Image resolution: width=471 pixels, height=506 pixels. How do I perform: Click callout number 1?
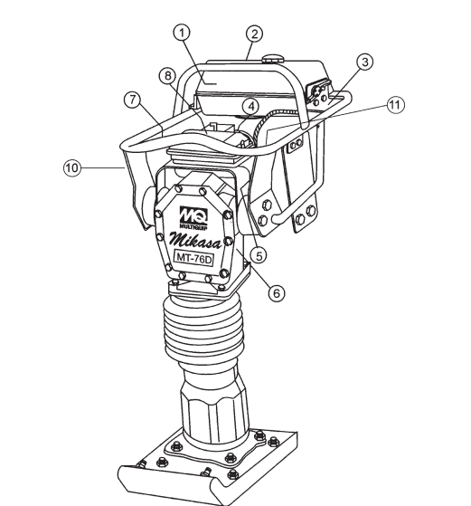click(182, 33)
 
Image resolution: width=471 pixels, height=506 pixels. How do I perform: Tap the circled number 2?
click(254, 33)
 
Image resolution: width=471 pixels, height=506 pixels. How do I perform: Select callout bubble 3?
click(365, 62)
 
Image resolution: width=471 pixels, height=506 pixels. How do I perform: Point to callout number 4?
click(250, 107)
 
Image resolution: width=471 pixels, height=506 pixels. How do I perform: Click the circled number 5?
click(259, 255)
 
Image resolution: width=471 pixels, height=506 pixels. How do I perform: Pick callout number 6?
click(277, 293)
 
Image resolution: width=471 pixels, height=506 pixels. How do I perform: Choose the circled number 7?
click(133, 100)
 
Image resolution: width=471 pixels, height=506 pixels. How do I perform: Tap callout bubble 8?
click(167, 76)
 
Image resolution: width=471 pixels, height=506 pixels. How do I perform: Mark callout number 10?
click(72, 167)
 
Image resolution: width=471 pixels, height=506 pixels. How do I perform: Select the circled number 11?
click(395, 105)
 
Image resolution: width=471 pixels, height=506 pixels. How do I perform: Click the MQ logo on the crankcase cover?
click(193, 215)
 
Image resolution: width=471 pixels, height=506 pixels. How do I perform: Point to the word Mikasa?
click(196, 240)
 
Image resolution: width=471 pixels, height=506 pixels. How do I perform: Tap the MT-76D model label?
click(194, 258)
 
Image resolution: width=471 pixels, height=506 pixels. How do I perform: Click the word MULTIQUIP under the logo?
click(193, 227)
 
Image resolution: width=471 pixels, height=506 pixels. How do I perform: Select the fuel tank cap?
click(272, 59)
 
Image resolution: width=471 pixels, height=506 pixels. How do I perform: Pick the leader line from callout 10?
click(102, 167)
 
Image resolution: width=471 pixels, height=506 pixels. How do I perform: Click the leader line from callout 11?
click(328, 117)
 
